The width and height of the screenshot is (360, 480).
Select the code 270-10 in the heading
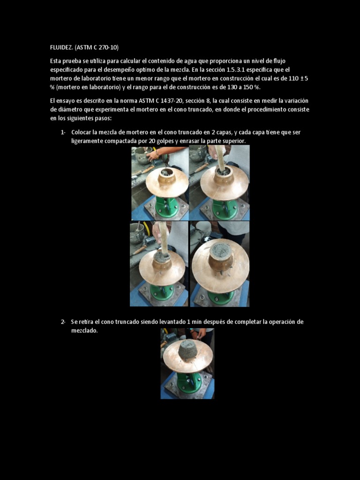coord(108,47)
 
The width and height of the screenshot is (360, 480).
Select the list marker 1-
coord(63,132)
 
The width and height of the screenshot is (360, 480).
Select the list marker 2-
coord(63,322)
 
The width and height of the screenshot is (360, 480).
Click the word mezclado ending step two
coord(84,330)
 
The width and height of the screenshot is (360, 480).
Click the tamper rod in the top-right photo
coord(220,157)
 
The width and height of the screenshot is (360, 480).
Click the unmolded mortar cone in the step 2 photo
coord(187,349)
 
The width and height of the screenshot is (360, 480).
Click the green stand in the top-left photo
coord(167,207)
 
